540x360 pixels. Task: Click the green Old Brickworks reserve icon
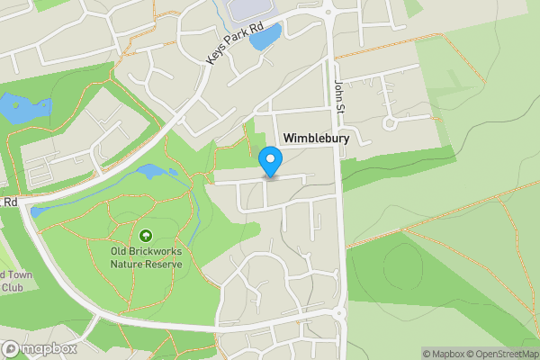pyautogui.click(x=146, y=235)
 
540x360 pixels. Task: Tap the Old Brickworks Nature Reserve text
pyautogui.click(x=146, y=257)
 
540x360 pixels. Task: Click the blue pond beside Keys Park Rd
pyautogui.click(x=265, y=37)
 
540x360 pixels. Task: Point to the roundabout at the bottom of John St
pyautogui.click(x=340, y=314)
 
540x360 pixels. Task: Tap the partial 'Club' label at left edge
pyautogui.click(x=11, y=288)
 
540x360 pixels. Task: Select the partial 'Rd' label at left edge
pyautogui.click(x=9, y=202)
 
